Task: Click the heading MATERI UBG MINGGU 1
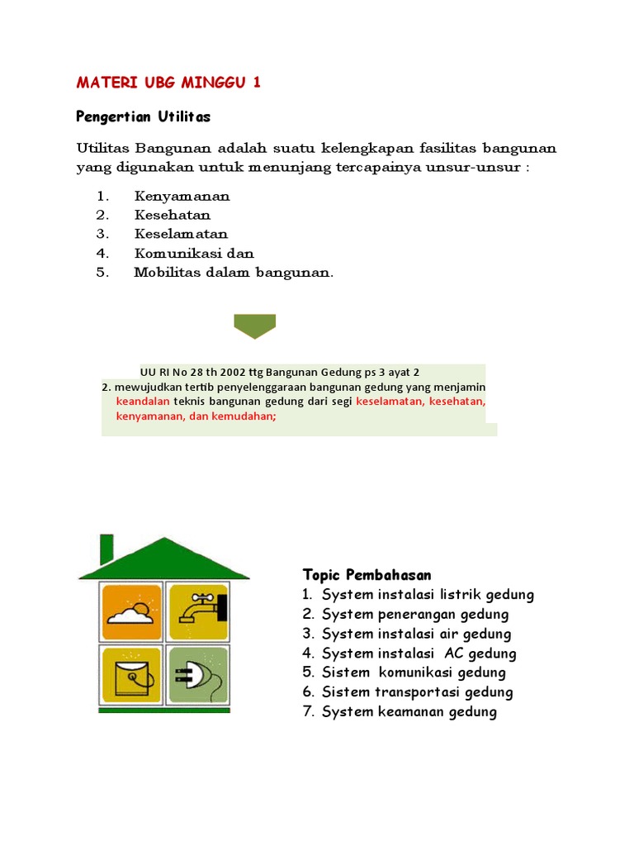tap(168, 83)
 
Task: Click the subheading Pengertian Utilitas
tap(143, 116)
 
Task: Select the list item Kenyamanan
tap(182, 197)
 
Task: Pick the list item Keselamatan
tap(181, 235)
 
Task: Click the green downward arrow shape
tap(254, 326)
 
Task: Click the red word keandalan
tap(143, 401)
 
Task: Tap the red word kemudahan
tap(244, 416)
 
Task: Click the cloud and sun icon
tap(131, 611)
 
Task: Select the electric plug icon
tap(197, 673)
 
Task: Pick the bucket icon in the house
tap(131, 673)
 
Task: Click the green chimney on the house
tap(107, 548)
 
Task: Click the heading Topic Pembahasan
tap(367, 575)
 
